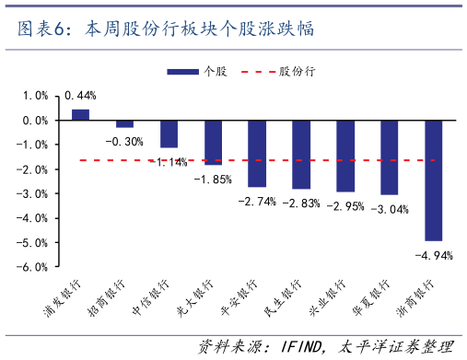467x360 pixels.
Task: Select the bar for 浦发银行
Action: [81, 114]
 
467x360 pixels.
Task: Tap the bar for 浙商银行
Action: [433, 180]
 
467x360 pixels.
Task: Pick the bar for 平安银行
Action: [257, 153]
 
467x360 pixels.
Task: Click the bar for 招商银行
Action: [124, 123]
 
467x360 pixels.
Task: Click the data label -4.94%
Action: [433, 255]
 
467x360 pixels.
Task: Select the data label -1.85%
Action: [213, 179]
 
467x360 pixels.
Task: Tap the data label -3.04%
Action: [389, 209]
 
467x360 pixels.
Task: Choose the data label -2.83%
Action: [301, 203]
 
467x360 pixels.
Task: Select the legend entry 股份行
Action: [295, 71]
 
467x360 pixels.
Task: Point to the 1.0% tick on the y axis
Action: [34, 96]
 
